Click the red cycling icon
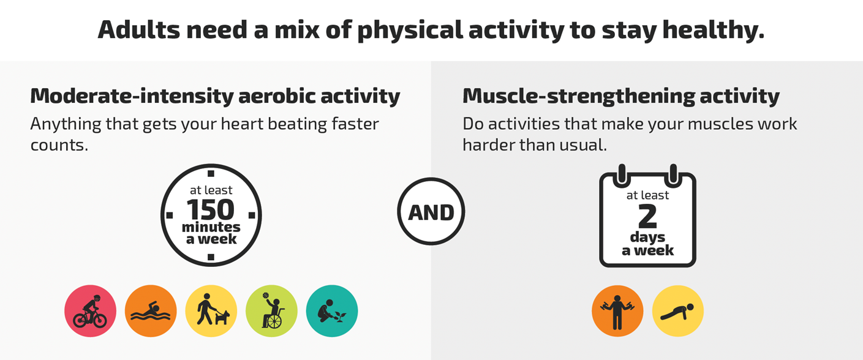tap(90, 311)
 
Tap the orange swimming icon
tap(151, 311)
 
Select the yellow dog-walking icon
tap(211, 311)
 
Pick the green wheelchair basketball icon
tap(271, 311)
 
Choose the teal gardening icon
tap(331, 311)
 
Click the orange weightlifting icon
tap(617, 311)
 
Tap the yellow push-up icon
tap(677, 311)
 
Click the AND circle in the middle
tap(431, 212)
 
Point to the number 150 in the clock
tap(211, 210)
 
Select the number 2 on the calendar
tap(647, 216)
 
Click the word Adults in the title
tap(136, 30)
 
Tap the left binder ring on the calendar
tap(622, 173)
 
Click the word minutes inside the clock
tap(211, 227)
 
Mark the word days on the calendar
tap(647, 238)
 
